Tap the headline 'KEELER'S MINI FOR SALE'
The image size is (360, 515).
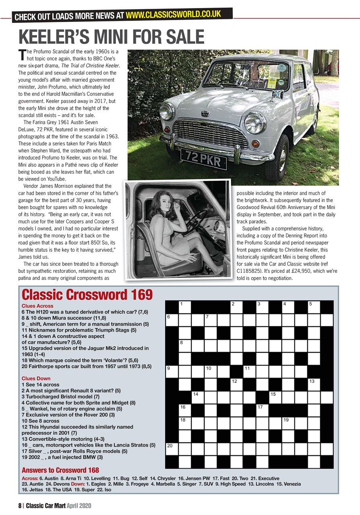coord(111,37)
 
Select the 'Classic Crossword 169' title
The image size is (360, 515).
coord(87,295)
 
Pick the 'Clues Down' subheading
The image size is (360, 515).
coord(36,378)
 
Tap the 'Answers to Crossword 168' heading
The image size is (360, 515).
coord(60,470)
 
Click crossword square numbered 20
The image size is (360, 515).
coord(172,449)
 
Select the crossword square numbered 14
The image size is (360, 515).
coord(197,398)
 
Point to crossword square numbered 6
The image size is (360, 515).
coord(172,320)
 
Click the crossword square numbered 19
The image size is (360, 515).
coord(288,423)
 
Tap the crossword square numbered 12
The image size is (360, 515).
coord(236,385)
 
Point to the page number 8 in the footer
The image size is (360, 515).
coord(19,505)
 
